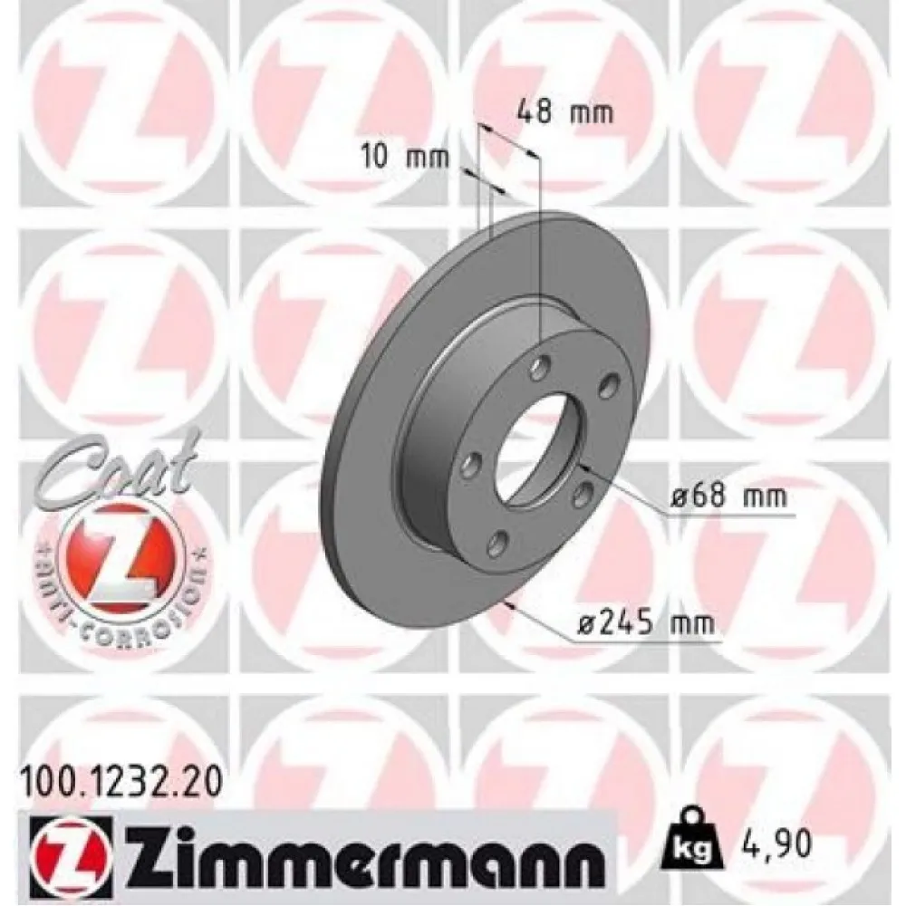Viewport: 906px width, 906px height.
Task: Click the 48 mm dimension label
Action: (564, 112)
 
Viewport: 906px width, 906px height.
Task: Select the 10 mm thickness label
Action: (406, 156)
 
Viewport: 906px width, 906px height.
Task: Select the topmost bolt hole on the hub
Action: (542, 368)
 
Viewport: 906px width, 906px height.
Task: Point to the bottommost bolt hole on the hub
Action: (496, 544)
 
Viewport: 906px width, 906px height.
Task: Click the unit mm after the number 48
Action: (593, 112)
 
